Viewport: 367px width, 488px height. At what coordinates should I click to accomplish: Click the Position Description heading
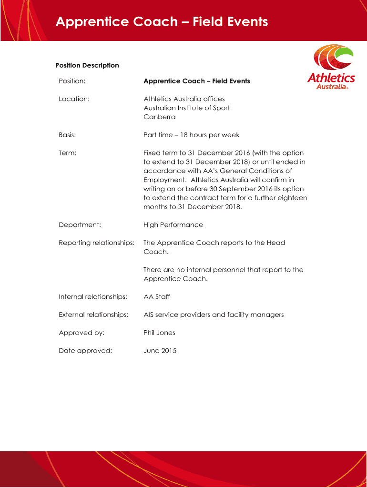(87, 65)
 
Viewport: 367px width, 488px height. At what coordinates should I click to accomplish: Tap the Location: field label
(74, 99)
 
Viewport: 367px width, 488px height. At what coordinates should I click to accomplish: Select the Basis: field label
(67, 135)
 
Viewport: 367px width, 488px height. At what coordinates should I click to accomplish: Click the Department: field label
(80, 225)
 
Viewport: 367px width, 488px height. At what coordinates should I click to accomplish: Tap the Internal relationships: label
(93, 297)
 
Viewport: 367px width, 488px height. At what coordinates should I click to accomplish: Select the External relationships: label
(93, 315)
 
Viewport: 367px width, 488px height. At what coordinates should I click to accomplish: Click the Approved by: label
(82, 333)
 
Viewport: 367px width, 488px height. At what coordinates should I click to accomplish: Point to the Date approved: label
(85, 351)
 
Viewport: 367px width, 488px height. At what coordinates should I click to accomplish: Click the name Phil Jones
(159, 333)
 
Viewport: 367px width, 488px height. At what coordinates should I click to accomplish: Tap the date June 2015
(160, 351)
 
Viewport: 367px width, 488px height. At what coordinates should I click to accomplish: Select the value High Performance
(173, 225)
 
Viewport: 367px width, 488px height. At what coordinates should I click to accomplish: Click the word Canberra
(160, 117)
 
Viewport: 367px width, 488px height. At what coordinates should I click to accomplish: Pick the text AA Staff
(157, 297)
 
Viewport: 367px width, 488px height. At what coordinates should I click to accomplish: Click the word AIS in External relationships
(149, 315)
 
